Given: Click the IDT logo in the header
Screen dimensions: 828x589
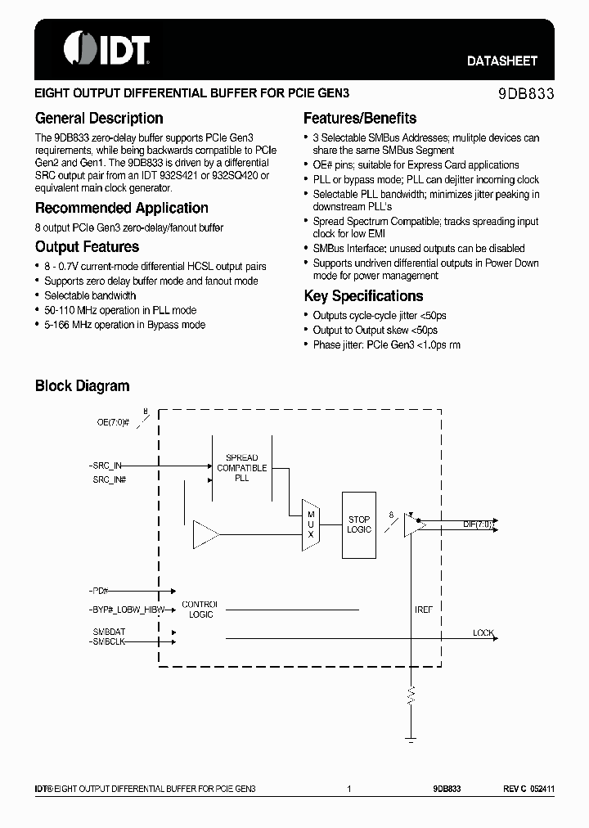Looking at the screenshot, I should click(106, 48).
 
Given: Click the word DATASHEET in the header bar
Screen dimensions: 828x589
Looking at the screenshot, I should click(502, 61).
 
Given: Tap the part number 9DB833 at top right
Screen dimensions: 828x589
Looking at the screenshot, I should click(526, 94).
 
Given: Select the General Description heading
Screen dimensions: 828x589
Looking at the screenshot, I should click(99, 119).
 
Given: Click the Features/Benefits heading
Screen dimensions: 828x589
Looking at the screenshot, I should click(360, 119).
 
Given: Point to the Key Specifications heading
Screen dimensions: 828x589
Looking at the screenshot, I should click(363, 296).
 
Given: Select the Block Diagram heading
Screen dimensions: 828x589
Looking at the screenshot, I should click(82, 386).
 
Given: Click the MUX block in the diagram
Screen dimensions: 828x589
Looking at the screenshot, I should click(311, 524).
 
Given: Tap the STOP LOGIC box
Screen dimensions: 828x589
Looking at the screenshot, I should click(359, 524).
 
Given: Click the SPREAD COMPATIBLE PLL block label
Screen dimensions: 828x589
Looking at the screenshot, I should click(241, 467).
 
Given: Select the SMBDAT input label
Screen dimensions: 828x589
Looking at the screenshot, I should click(110, 632).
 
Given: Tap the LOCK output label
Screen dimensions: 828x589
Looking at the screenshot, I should click(483, 633).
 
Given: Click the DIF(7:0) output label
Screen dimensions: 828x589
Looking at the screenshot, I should click(478, 524).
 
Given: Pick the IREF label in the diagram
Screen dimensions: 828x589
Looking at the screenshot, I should click(423, 610).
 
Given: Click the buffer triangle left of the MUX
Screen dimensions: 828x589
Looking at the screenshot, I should click(205, 536).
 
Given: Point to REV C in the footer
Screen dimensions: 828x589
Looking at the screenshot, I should click(515, 789).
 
